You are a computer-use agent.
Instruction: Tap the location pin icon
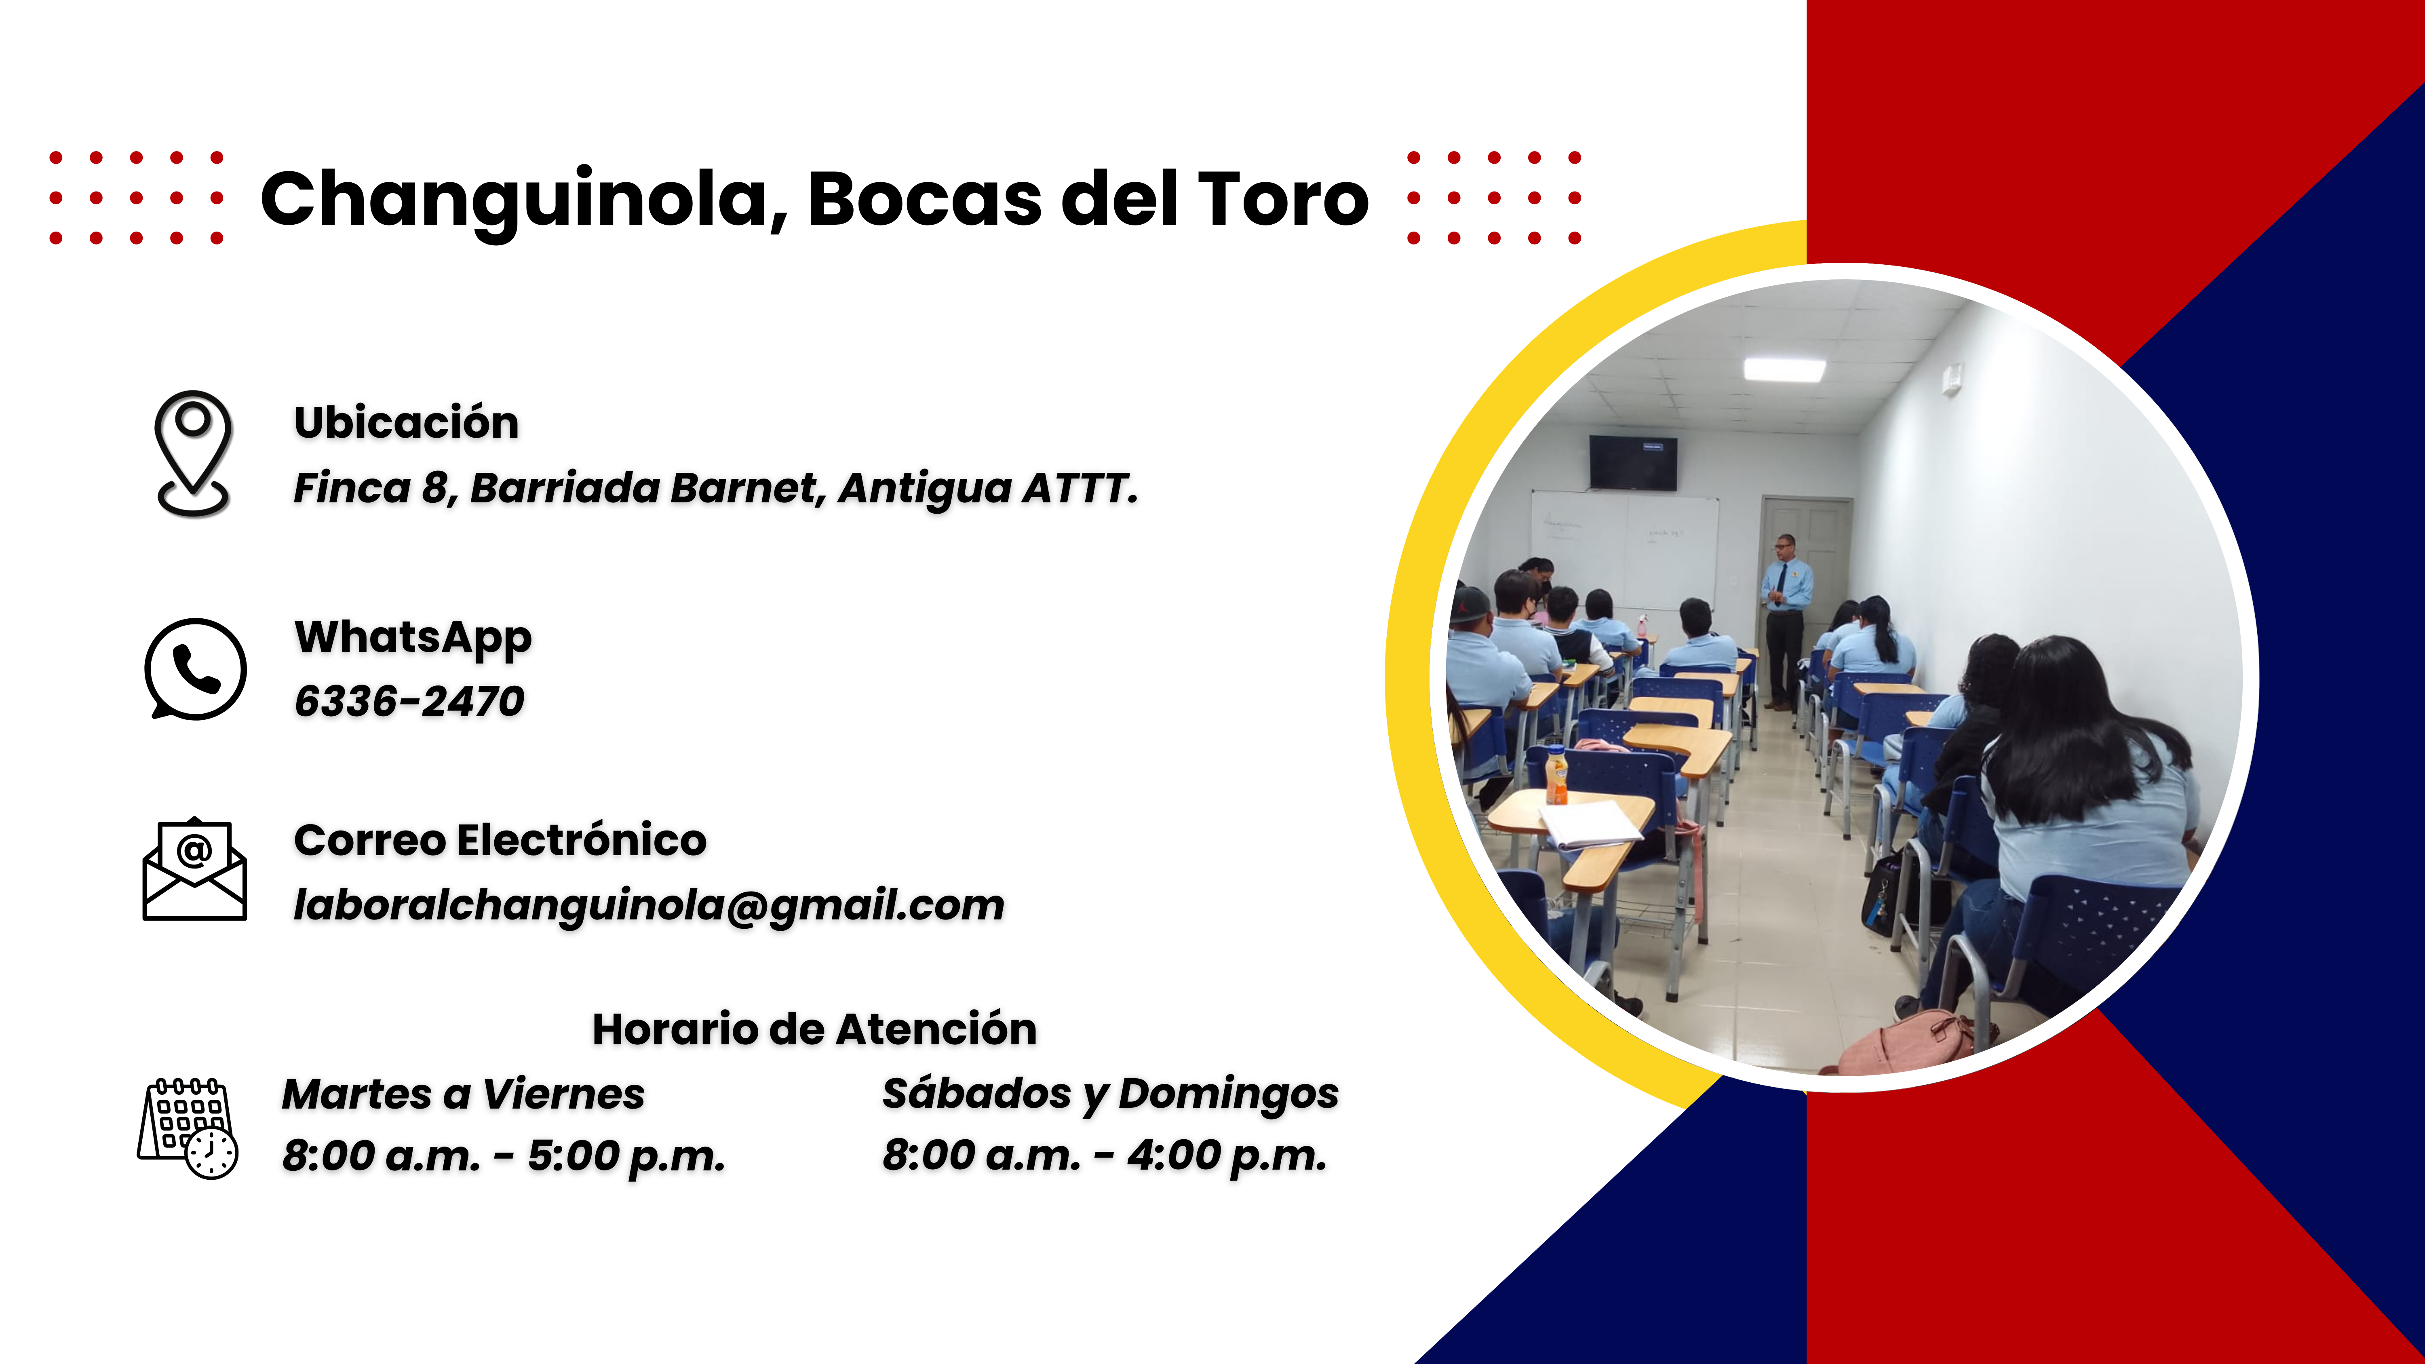[193, 454]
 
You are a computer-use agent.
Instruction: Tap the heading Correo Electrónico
[500, 840]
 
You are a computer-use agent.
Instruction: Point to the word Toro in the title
[1283, 200]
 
